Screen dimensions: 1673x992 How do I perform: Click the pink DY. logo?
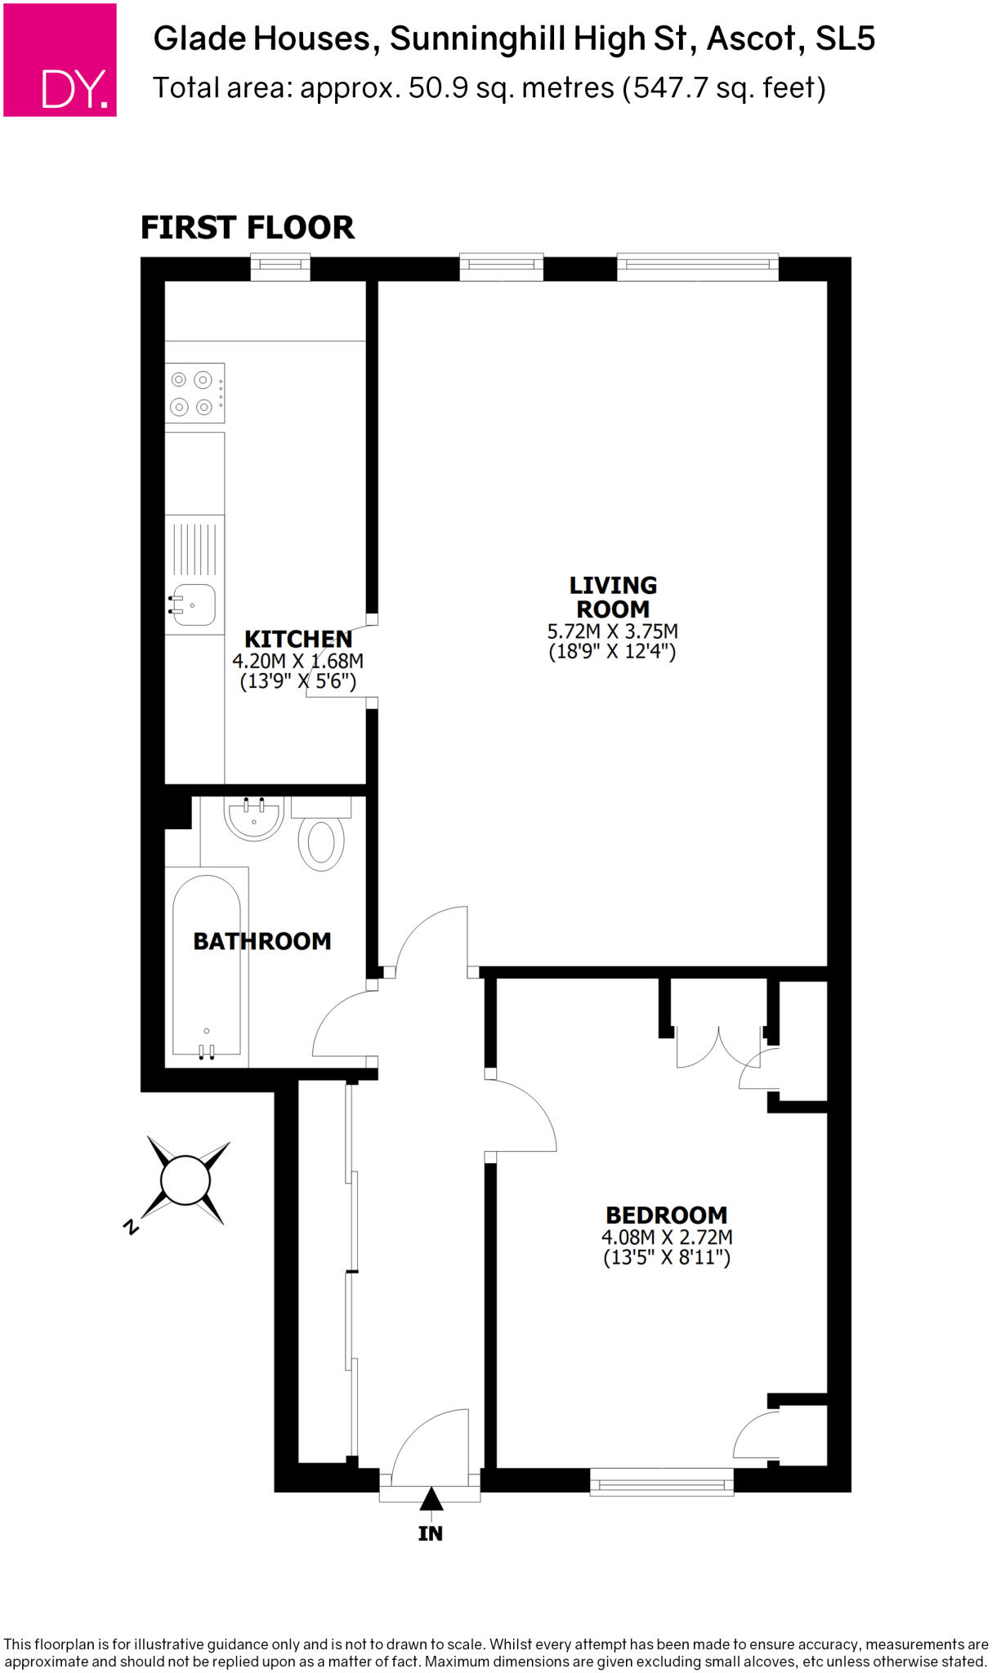(60, 60)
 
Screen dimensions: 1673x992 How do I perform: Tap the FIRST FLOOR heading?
(248, 227)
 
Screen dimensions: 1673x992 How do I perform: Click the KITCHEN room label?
(298, 639)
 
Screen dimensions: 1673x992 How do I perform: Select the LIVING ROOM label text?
(613, 597)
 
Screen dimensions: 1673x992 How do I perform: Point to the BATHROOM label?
(262, 941)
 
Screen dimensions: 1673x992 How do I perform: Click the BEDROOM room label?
(666, 1215)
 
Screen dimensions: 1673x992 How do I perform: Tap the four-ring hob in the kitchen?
(194, 393)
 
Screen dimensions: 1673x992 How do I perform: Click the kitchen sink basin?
(194, 605)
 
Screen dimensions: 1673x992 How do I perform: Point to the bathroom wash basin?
(254, 818)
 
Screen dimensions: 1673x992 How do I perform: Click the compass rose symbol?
(185, 1180)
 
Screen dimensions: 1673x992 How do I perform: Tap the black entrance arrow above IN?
(431, 1499)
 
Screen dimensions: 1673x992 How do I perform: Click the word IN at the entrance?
(431, 1533)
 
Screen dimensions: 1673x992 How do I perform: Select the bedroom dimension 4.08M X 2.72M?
(666, 1238)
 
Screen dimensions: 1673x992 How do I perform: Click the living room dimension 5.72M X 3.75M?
(612, 631)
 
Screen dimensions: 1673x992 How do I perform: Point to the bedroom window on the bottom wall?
(661, 1482)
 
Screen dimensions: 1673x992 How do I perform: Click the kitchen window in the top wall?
(279, 267)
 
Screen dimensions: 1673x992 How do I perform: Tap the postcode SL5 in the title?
(845, 38)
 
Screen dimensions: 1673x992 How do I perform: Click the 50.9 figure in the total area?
(438, 88)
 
